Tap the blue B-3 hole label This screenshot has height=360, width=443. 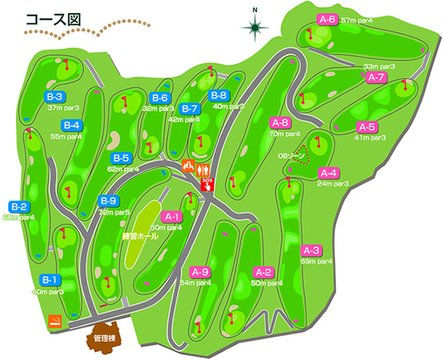54,96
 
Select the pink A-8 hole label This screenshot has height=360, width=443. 280,122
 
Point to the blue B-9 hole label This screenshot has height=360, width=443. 108,201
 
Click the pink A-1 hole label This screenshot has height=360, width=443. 173,217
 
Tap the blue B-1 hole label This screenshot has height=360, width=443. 50,279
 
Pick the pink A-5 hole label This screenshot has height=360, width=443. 366,127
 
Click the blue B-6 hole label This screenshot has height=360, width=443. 161,98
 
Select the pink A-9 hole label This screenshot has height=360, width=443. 200,271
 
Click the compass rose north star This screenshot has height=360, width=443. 255,27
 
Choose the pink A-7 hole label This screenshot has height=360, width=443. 376,77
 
